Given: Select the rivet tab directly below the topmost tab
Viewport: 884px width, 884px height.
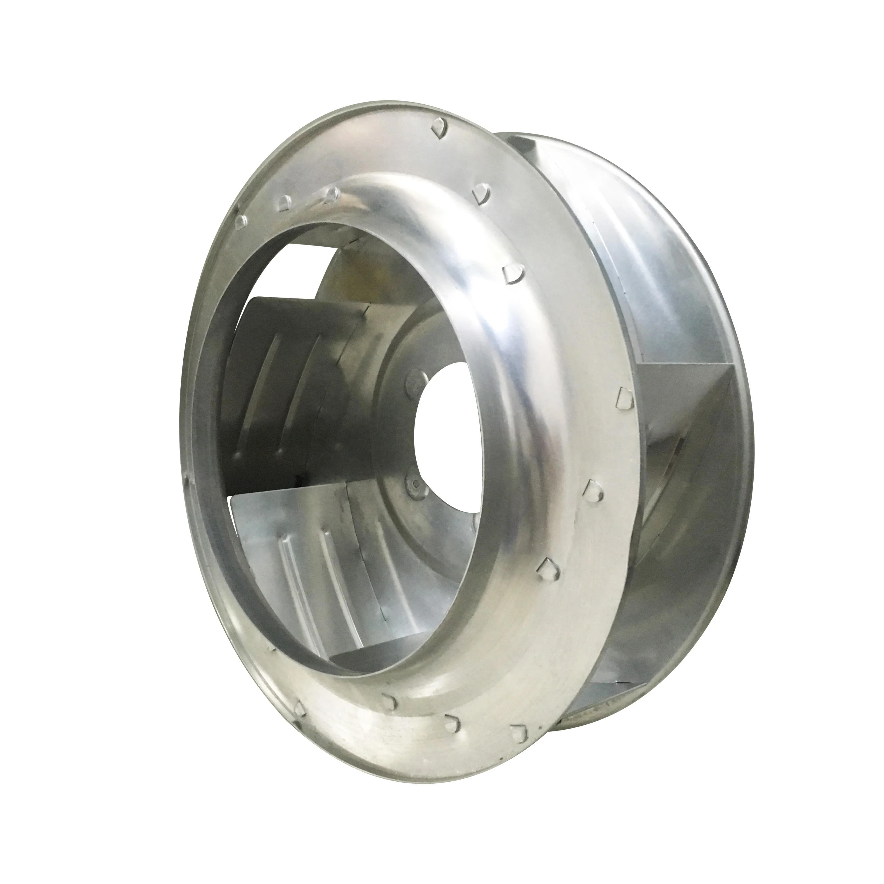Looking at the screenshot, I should coord(480,192).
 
